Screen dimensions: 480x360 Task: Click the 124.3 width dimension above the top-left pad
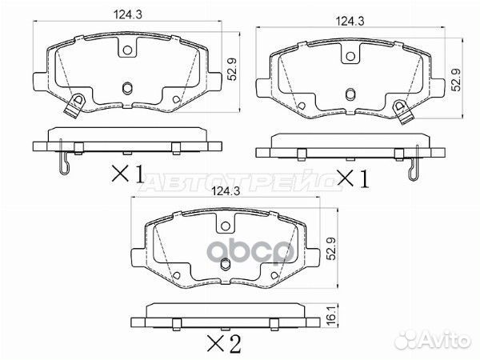point(128,14)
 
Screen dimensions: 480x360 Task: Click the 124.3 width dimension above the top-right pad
point(350,22)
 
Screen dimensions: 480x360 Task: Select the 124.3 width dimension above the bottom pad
point(226,191)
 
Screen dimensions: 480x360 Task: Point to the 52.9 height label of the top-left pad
point(234,70)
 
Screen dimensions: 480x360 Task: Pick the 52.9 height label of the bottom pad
point(331,249)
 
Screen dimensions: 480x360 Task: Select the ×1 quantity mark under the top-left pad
point(128,174)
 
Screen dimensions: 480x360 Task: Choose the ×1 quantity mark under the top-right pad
point(353,178)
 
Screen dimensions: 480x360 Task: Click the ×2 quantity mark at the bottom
point(224,343)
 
